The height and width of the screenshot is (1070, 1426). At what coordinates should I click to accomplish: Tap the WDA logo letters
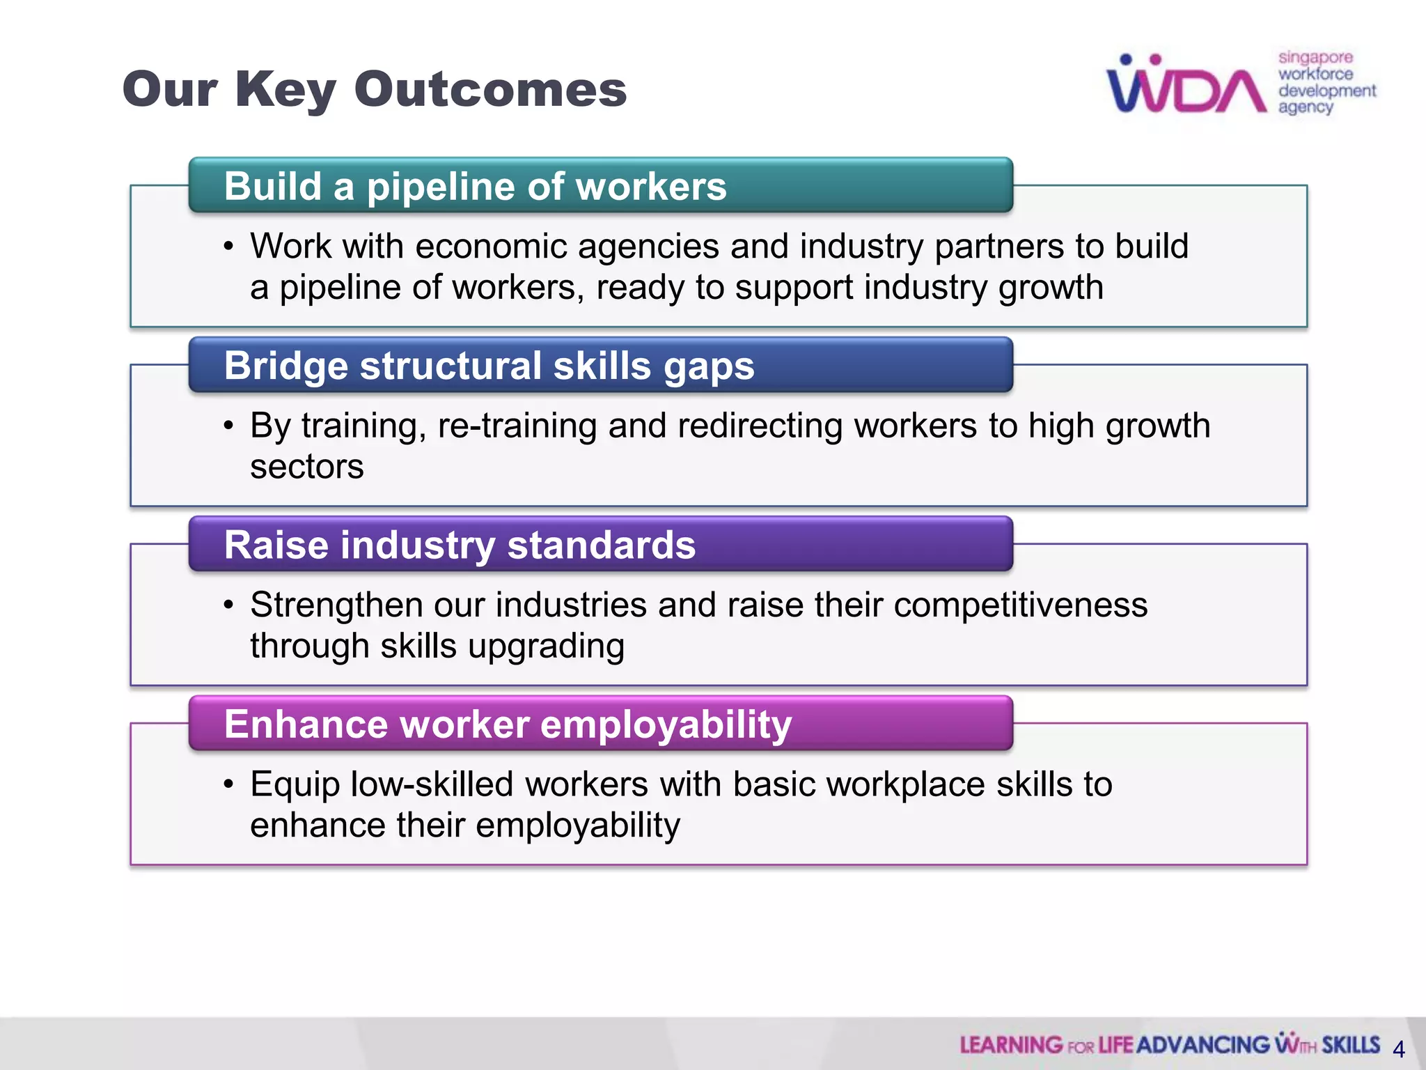click(1186, 87)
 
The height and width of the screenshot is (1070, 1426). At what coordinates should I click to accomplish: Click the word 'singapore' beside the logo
click(1315, 57)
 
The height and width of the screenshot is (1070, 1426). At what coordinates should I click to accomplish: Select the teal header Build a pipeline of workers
click(475, 187)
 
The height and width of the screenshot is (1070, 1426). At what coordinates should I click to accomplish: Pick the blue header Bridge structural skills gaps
click(489, 366)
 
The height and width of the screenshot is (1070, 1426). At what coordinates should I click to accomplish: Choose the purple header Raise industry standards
click(460, 545)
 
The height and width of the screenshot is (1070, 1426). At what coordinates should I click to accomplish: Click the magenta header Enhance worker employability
click(508, 724)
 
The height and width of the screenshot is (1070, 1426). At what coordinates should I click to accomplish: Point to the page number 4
click(1398, 1049)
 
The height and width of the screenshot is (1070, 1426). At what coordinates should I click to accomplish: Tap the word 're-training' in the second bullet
click(517, 426)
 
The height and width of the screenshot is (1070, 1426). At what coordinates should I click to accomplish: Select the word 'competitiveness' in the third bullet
click(1020, 605)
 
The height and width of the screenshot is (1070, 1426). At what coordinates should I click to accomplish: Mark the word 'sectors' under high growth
click(306, 467)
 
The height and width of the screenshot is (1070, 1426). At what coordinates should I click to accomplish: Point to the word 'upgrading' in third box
click(546, 646)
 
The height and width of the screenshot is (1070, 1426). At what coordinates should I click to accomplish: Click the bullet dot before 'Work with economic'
click(228, 247)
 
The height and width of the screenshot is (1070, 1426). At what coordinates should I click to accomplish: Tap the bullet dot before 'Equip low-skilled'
click(228, 785)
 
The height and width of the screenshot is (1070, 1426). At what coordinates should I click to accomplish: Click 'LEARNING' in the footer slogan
click(1011, 1045)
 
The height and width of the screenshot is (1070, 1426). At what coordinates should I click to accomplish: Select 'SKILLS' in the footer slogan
click(1351, 1045)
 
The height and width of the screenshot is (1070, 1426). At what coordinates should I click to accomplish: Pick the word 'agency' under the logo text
click(1305, 107)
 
